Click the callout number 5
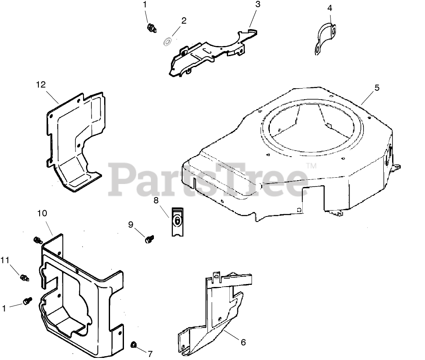[x=377, y=88]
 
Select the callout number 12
[x=40, y=84]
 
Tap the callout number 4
[x=330, y=8]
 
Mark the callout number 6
[x=243, y=342]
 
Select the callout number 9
[x=131, y=224]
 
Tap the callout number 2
[x=184, y=20]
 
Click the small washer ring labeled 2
[x=167, y=42]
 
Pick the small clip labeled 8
[x=178, y=221]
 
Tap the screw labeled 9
[x=148, y=239]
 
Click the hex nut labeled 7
[x=134, y=345]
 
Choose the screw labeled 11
[x=24, y=277]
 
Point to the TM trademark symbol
[x=311, y=166]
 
